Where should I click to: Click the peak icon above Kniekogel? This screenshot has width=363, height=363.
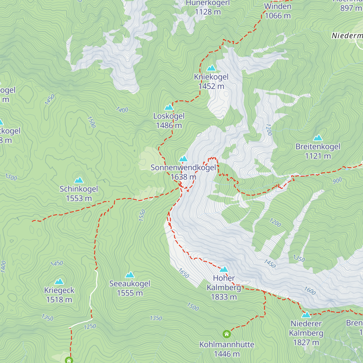[x=211, y=68]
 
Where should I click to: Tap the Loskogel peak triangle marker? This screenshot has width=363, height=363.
[x=169, y=107]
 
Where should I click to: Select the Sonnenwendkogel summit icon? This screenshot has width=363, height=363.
[x=183, y=159]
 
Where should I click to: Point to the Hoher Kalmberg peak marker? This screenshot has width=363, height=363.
[x=224, y=269]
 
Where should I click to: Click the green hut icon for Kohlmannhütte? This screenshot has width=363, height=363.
[x=227, y=334]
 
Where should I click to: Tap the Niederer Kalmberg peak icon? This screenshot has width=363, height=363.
[x=306, y=315]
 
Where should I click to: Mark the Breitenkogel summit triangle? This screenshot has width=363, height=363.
[x=318, y=138]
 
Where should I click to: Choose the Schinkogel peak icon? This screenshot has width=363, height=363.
[x=79, y=180]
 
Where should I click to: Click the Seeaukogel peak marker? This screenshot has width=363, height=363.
[x=130, y=275]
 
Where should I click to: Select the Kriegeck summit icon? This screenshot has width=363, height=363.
[x=59, y=282]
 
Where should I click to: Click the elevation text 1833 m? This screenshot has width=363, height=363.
[x=224, y=297]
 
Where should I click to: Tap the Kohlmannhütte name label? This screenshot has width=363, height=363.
[x=227, y=345]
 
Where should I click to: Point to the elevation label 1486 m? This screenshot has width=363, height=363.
[x=169, y=125]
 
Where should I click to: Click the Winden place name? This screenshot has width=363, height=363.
[x=278, y=6]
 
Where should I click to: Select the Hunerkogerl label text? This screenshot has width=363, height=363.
[x=208, y=3]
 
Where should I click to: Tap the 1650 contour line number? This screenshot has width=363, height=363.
[x=184, y=273]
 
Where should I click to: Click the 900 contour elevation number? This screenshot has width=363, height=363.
[x=337, y=181]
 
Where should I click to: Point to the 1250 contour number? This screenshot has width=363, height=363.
[x=90, y=327]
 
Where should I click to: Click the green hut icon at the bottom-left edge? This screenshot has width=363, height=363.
[x=69, y=360]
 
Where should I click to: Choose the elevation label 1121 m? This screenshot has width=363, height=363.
[x=318, y=156]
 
